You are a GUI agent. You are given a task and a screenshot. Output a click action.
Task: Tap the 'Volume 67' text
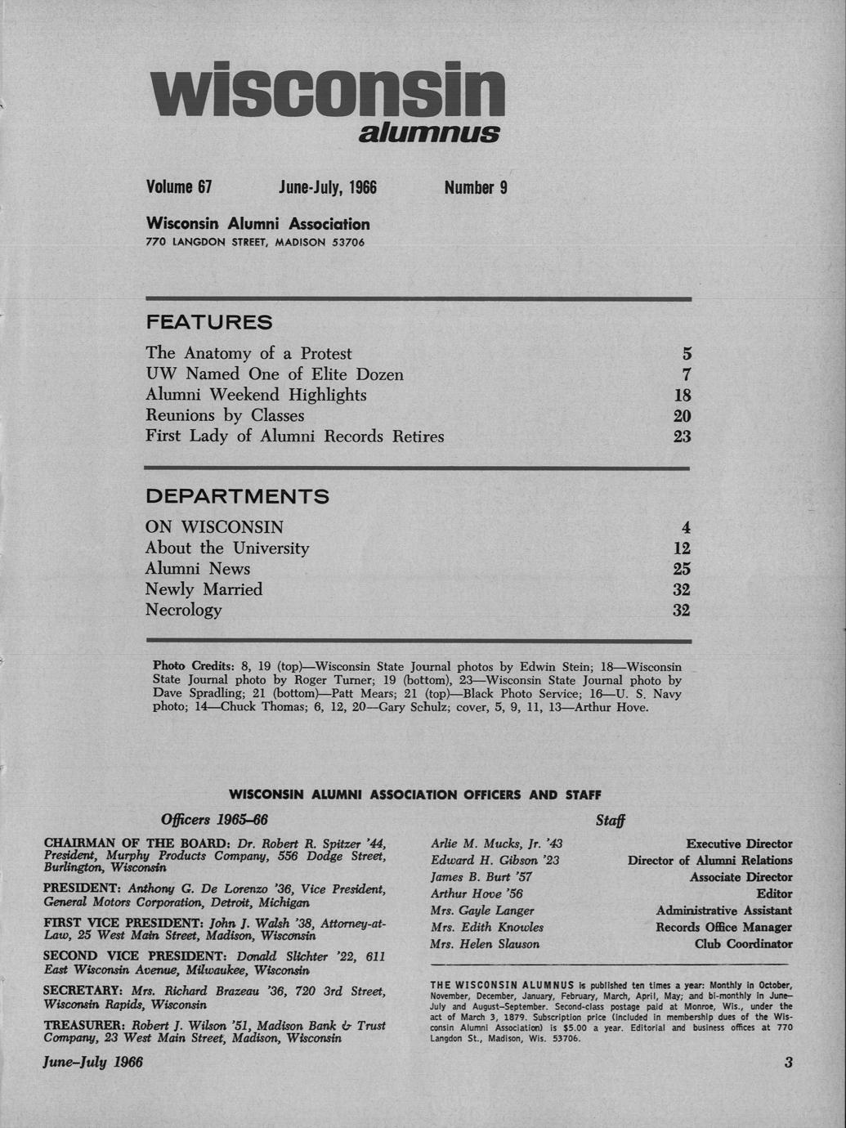click(x=178, y=187)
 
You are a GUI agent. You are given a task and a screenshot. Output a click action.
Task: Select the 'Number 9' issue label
click(x=476, y=187)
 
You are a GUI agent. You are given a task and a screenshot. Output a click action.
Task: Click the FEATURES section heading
click(x=208, y=322)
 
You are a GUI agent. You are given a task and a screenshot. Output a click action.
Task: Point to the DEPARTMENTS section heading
click(x=237, y=496)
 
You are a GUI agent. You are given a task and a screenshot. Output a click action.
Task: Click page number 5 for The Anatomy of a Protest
click(x=687, y=354)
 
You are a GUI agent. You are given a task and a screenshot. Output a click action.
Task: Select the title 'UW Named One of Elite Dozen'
click(x=275, y=374)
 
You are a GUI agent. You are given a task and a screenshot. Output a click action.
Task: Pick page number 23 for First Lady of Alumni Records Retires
click(x=682, y=436)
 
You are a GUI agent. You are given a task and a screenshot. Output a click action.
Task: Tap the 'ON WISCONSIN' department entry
click(x=214, y=527)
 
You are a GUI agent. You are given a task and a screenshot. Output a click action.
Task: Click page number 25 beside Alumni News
click(x=682, y=569)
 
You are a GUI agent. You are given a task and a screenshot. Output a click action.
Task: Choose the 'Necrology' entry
click(x=183, y=610)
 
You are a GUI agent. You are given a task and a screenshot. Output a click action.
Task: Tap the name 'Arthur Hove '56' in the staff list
click(x=477, y=893)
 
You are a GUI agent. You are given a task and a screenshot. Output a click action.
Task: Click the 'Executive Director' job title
click(x=739, y=844)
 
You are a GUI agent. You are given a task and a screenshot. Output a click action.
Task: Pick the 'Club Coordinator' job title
click(x=743, y=943)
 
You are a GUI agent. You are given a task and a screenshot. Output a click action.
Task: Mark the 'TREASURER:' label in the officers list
click(x=85, y=1025)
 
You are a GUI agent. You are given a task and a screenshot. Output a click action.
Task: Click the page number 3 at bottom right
click(x=788, y=1063)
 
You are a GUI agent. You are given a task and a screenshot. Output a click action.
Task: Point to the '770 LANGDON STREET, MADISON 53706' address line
click(x=255, y=243)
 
